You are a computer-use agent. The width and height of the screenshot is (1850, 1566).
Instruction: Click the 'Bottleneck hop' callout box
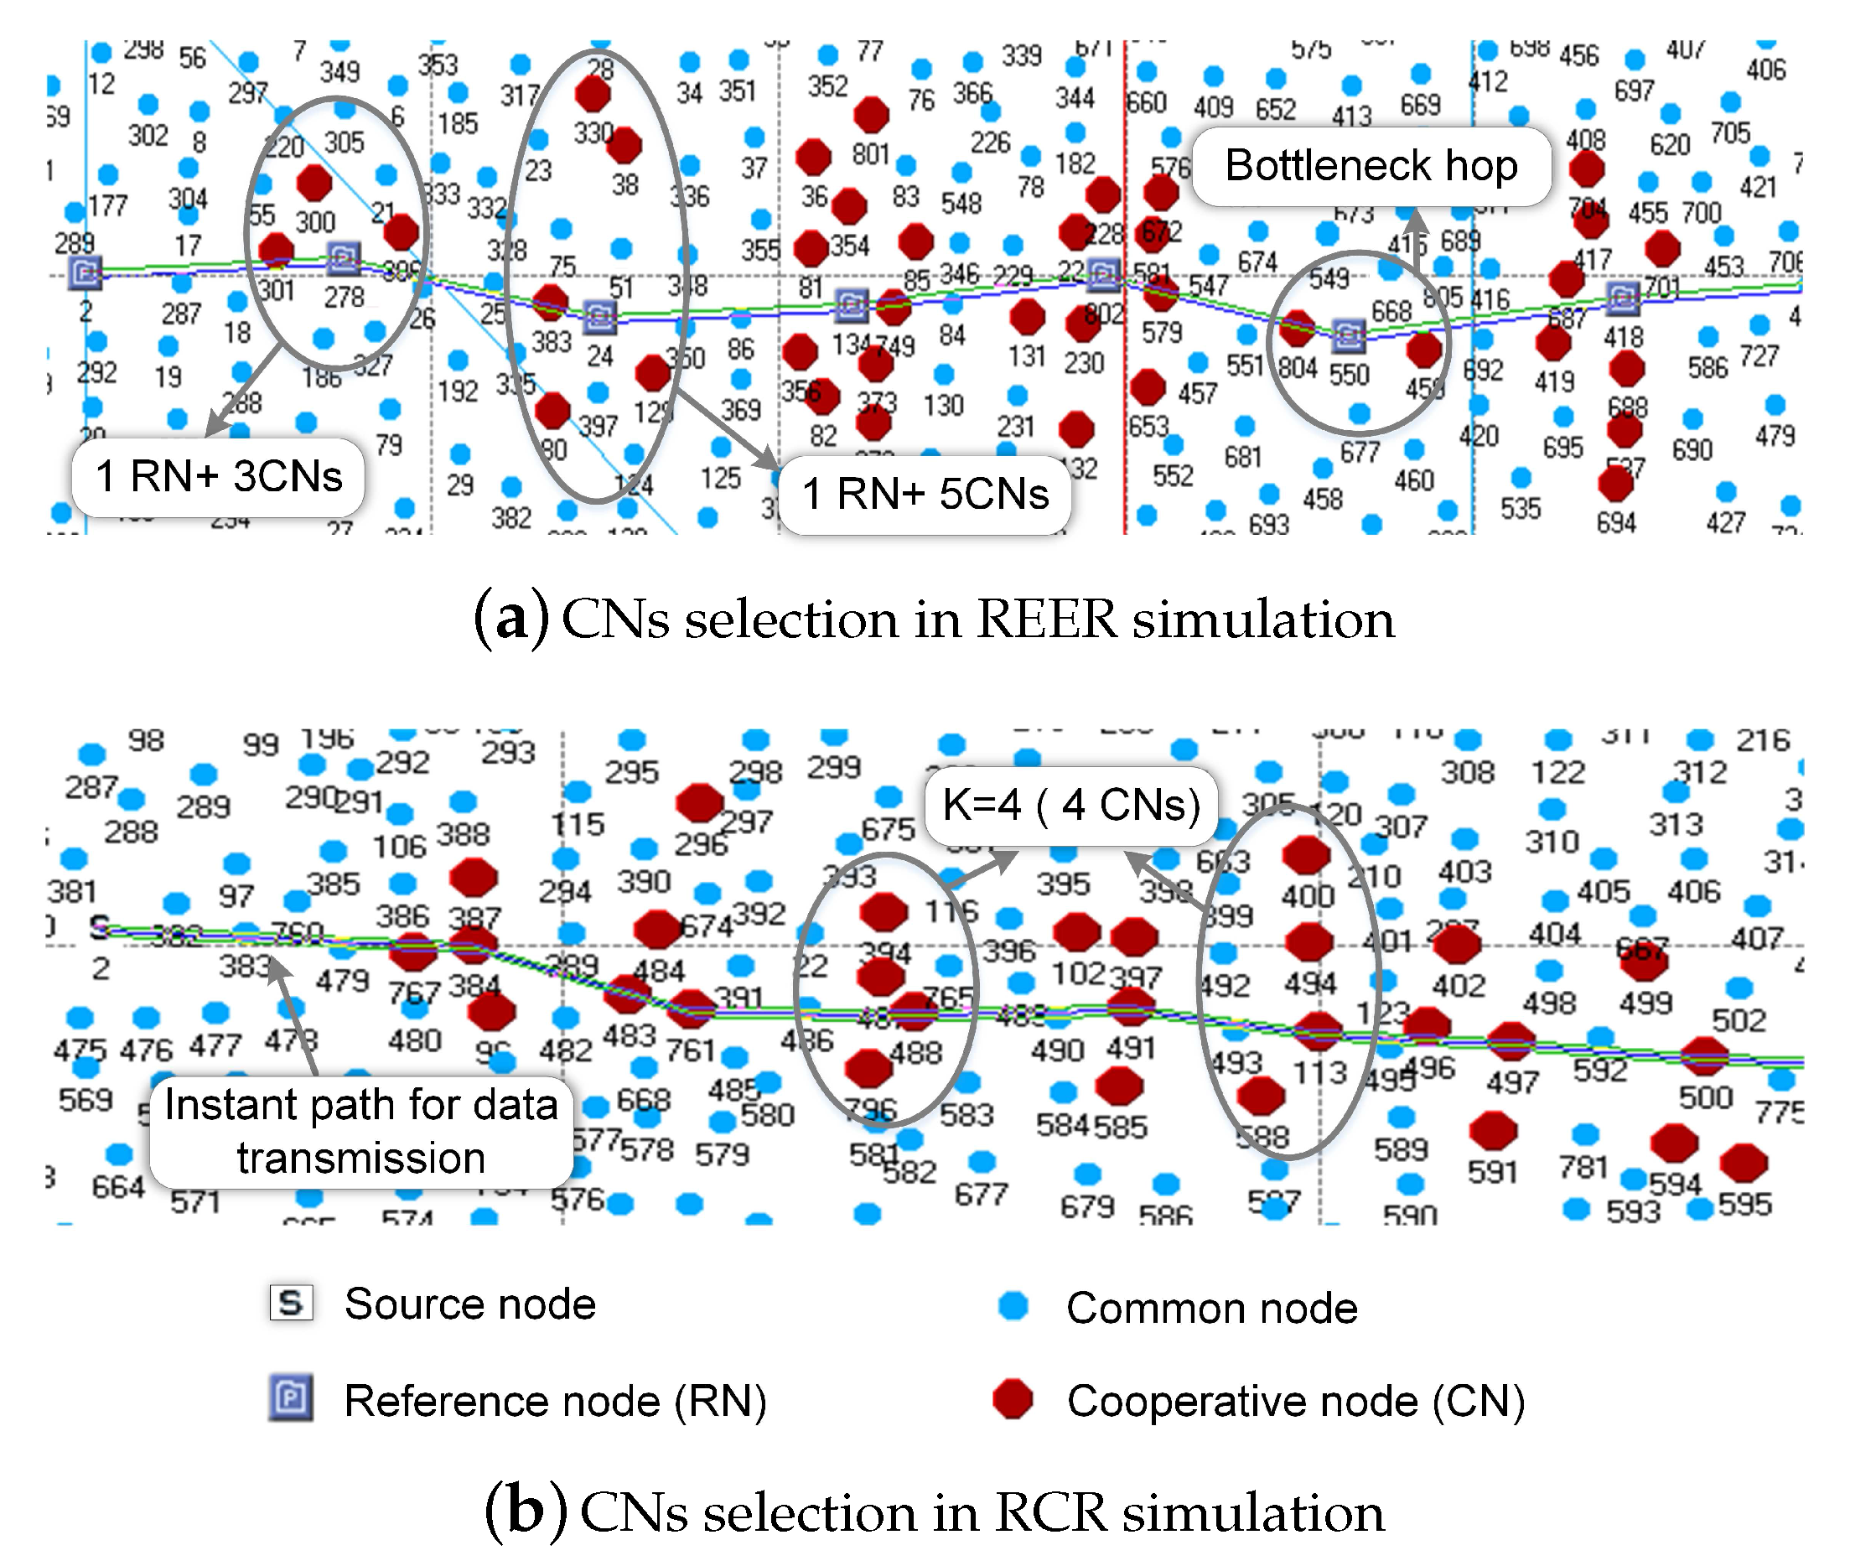(1371, 166)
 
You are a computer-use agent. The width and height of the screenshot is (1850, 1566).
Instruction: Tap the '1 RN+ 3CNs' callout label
(219, 477)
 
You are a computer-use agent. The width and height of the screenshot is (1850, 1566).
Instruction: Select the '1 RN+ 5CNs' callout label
(925, 495)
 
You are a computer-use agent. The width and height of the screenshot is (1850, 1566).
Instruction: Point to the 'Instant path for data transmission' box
(360, 1132)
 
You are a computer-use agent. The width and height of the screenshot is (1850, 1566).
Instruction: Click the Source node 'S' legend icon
(291, 1302)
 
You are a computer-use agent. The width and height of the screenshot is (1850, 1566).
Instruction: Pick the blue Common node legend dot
(1013, 1306)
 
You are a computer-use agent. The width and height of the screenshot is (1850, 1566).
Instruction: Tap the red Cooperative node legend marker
(1013, 1399)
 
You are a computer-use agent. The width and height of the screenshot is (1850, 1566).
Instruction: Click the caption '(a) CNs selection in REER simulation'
(934, 619)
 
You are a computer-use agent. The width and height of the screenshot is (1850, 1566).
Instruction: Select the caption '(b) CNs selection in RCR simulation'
(934, 1512)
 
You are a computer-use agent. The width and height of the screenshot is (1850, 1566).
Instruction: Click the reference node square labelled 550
(1349, 334)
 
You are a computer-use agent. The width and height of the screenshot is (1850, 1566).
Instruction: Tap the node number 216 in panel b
(1762, 739)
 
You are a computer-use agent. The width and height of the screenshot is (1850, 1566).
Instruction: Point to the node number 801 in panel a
(871, 154)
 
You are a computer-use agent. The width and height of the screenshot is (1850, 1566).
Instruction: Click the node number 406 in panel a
(1765, 70)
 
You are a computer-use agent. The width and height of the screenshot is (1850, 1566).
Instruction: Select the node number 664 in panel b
(117, 1186)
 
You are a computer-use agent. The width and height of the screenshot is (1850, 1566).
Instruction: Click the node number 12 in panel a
(101, 85)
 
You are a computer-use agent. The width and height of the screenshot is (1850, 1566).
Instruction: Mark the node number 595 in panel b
(1744, 1204)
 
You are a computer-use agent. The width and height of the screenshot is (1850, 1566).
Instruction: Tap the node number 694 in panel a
(1615, 522)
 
